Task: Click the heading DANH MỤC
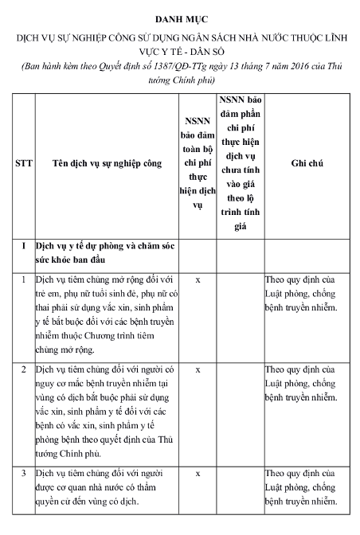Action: pyautogui.click(x=180, y=17)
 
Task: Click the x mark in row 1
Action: pyautogui.click(x=198, y=280)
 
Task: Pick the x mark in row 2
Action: pyautogui.click(x=198, y=369)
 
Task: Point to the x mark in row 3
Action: pyautogui.click(x=198, y=473)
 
